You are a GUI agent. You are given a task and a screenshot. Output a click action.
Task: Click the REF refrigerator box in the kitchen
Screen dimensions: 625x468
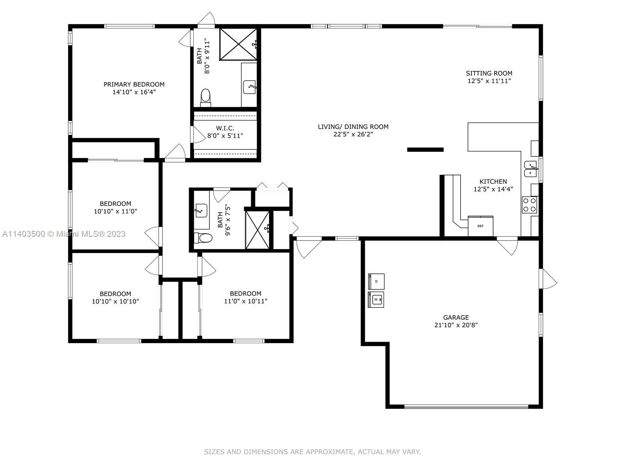pyautogui.click(x=480, y=226)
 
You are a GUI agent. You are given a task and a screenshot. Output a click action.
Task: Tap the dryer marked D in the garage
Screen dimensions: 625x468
pyautogui.click(x=376, y=281)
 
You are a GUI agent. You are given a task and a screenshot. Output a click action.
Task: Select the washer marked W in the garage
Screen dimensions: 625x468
pyautogui.click(x=376, y=300)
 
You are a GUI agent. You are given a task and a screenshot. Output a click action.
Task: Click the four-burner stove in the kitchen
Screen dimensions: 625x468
pyautogui.click(x=529, y=205)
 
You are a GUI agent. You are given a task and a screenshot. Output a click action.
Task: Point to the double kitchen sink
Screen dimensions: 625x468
pyautogui.click(x=531, y=169)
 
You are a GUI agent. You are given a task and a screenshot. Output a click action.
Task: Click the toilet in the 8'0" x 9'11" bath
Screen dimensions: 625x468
pyautogui.click(x=205, y=97)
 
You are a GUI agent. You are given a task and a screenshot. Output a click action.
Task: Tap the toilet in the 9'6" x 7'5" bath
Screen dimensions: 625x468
pyautogui.click(x=203, y=238)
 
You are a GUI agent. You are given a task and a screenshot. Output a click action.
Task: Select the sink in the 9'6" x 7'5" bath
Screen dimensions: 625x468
pyautogui.click(x=201, y=210)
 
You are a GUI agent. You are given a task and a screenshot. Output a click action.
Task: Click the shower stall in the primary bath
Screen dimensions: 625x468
pyautogui.click(x=238, y=44)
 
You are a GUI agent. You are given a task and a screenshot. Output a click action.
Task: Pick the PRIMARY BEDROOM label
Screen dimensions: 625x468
pyautogui.click(x=134, y=84)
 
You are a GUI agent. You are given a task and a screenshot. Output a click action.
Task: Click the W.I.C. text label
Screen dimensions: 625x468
pyautogui.click(x=225, y=128)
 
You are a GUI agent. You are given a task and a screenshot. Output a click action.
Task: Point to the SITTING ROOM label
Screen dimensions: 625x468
pyautogui.click(x=489, y=73)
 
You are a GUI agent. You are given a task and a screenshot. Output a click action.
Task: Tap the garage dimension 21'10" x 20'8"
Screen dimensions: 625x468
pyautogui.click(x=456, y=325)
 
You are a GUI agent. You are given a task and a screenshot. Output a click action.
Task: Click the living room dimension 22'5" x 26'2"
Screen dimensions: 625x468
pyautogui.click(x=353, y=134)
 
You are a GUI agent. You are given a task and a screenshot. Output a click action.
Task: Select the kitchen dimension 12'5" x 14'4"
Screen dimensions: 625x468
pyautogui.click(x=493, y=189)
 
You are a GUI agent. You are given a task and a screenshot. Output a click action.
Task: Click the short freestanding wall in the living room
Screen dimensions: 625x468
pyautogui.click(x=425, y=150)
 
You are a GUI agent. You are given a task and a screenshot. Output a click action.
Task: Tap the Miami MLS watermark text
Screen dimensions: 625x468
pyautogui.click(x=64, y=234)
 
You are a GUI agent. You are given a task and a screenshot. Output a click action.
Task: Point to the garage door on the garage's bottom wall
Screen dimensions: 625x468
pyautogui.click(x=466, y=407)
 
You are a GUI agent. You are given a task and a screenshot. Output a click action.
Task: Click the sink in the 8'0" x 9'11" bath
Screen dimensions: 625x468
pyautogui.click(x=250, y=87)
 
